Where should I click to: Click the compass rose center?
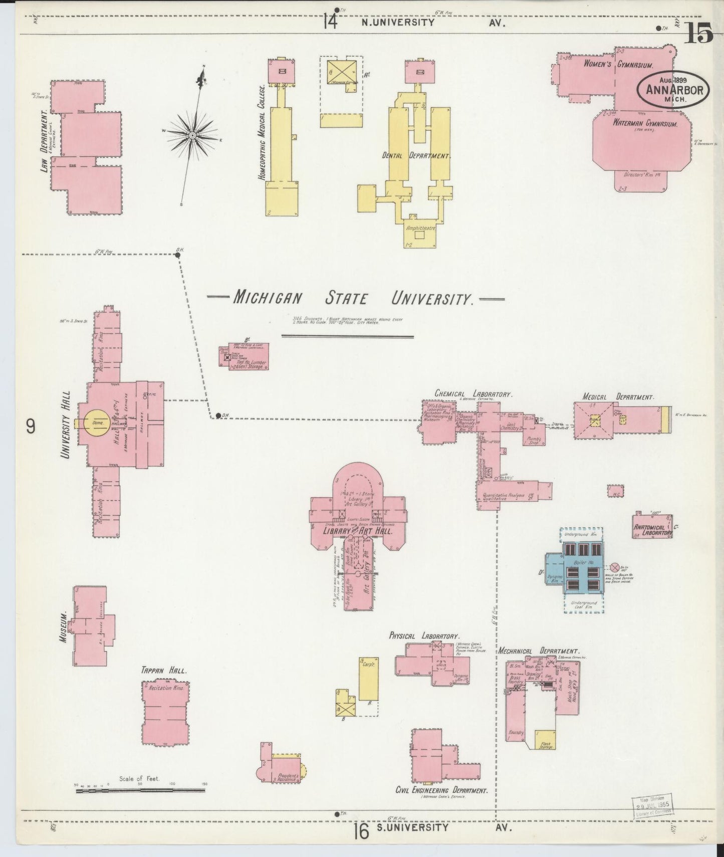click(x=192, y=135)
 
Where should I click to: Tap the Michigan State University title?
click(x=353, y=299)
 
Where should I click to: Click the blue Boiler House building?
click(x=581, y=569)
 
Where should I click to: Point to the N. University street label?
click(x=398, y=22)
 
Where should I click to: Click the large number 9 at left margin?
click(x=31, y=426)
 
